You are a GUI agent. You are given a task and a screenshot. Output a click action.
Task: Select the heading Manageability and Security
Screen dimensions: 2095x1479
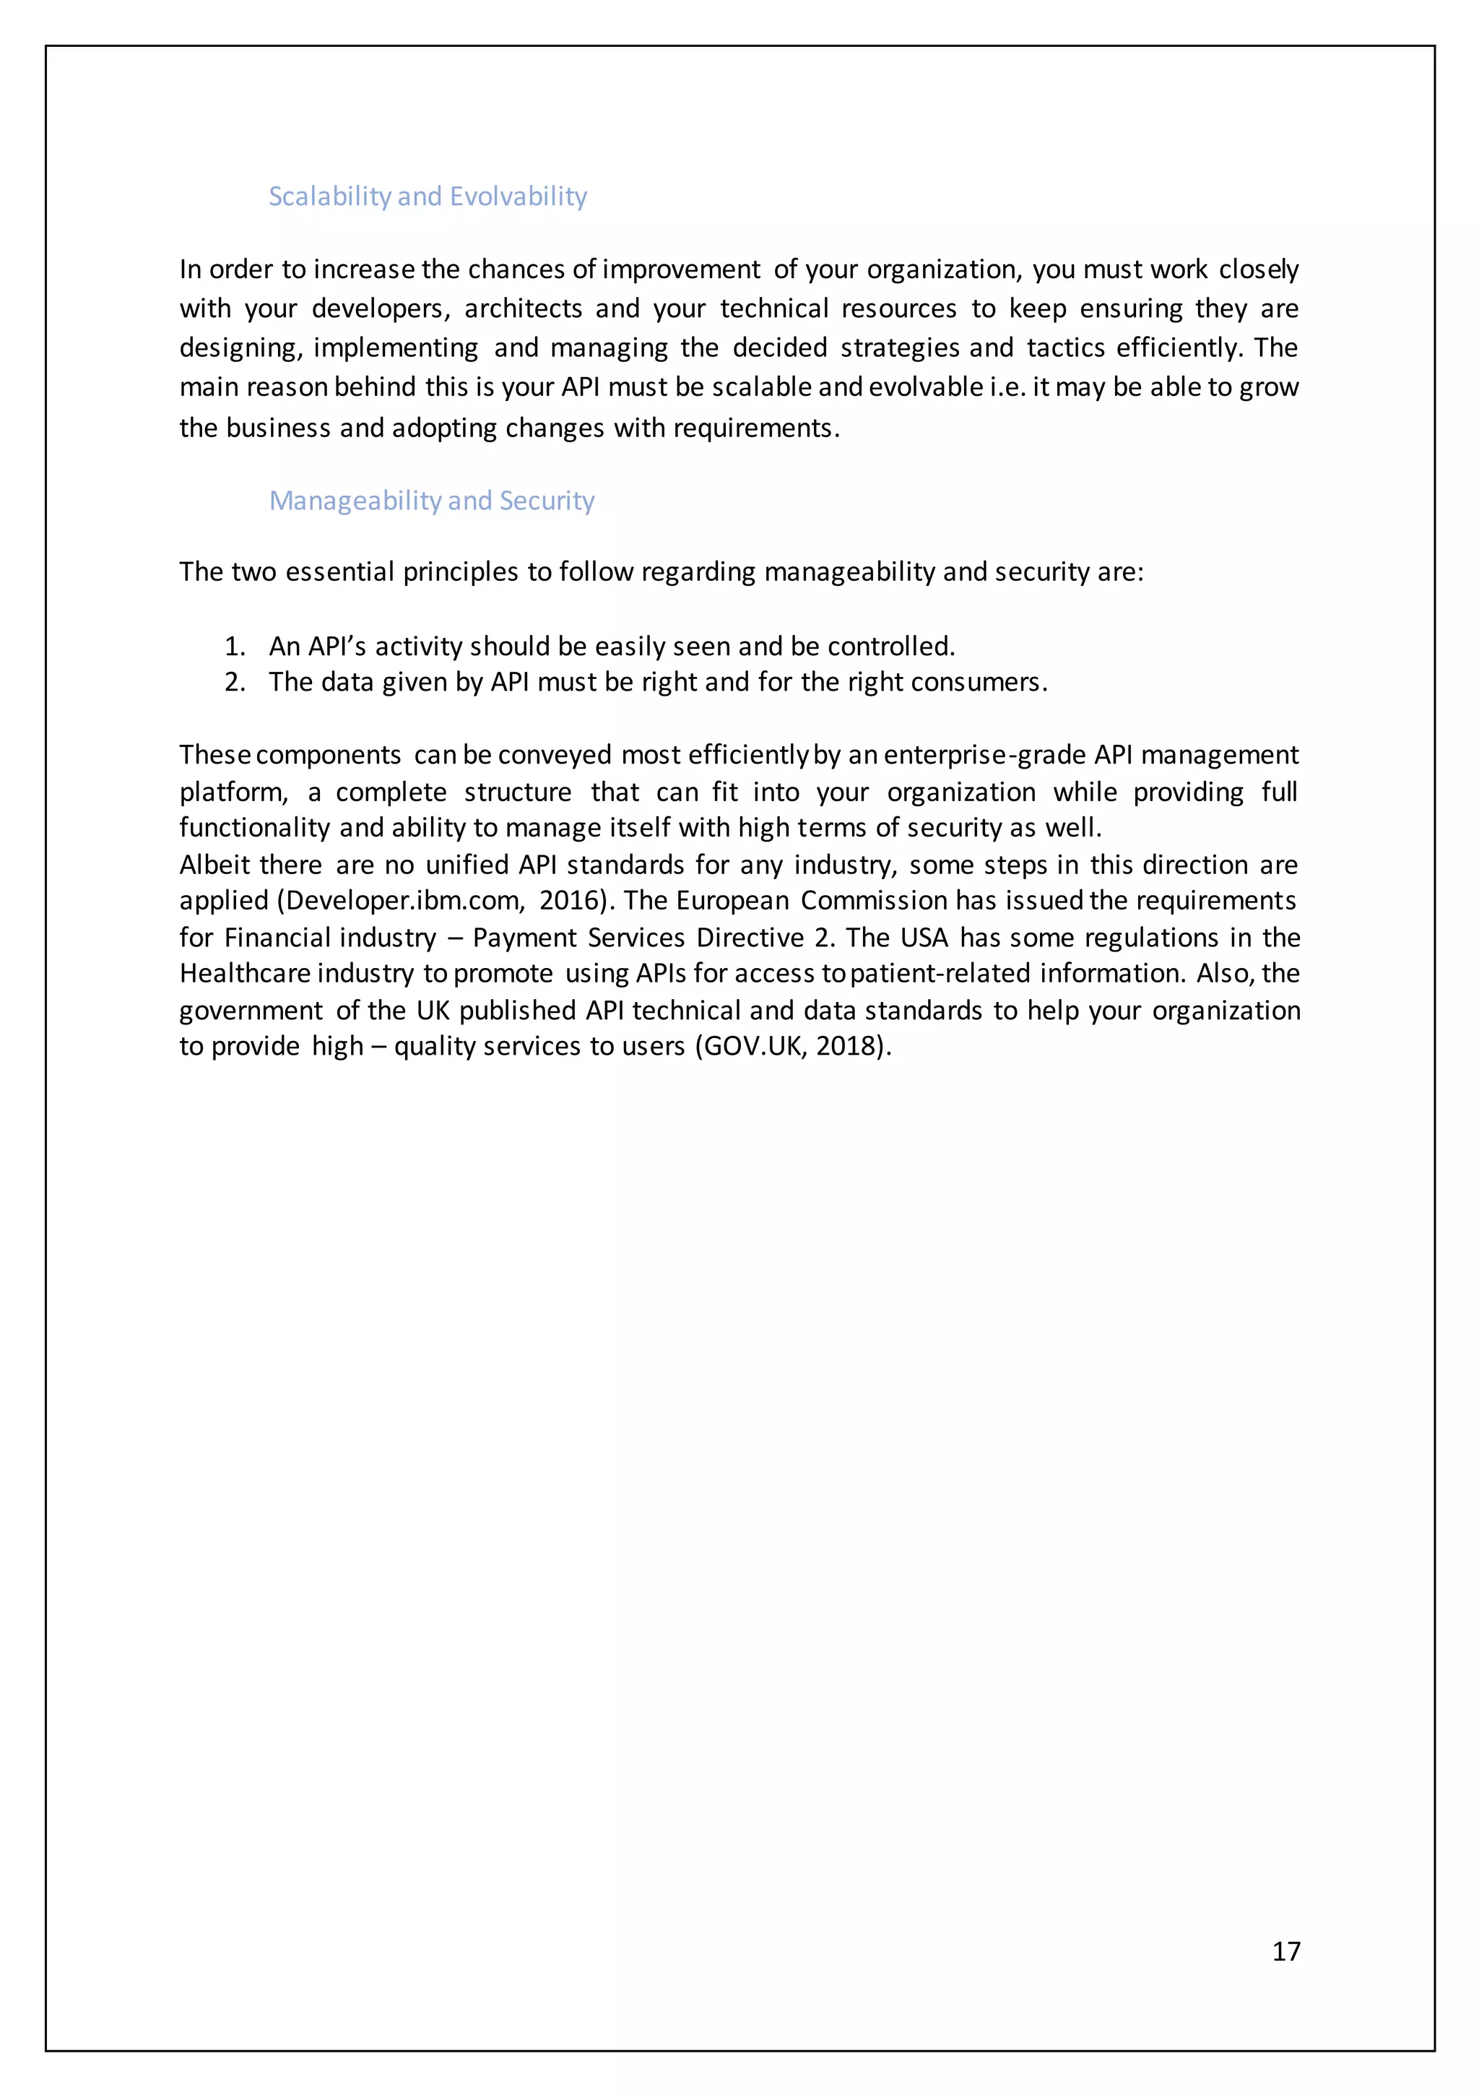pos(432,500)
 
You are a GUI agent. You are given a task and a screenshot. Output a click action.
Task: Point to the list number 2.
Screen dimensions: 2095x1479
pos(235,683)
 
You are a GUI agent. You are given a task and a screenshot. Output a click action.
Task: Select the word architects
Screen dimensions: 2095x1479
pos(523,308)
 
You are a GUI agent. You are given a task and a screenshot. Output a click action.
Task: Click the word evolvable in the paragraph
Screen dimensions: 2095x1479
pos(925,387)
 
